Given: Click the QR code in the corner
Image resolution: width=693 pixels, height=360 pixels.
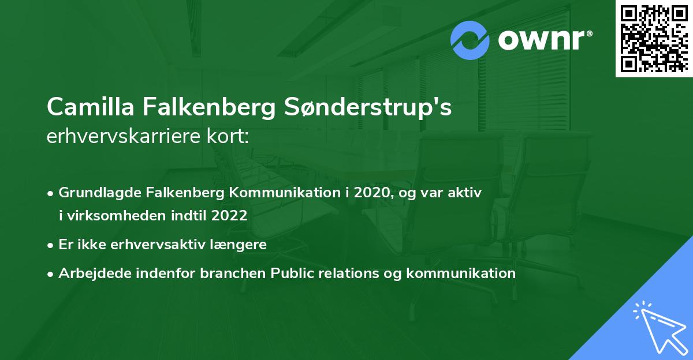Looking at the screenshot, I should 653,38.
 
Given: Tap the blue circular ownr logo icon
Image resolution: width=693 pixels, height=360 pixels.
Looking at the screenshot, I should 471,40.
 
